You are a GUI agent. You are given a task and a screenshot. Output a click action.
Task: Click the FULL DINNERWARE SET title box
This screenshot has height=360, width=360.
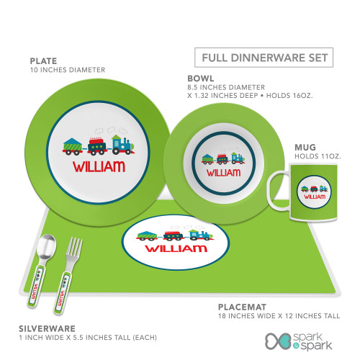(264, 58)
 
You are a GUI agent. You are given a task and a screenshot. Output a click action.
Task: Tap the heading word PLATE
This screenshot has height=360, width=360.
(43, 61)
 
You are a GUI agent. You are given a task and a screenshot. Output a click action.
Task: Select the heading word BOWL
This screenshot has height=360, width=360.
(201, 78)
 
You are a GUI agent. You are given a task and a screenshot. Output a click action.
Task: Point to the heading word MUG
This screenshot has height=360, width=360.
(305, 147)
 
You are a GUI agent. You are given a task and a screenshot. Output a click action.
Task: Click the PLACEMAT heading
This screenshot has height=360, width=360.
(242, 307)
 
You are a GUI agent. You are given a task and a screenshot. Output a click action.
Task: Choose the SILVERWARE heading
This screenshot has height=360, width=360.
(47, 328)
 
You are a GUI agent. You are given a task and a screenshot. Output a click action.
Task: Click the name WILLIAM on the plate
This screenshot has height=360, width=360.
(99, 166)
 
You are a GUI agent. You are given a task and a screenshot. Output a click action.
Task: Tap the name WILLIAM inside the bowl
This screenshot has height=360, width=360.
(223, 173)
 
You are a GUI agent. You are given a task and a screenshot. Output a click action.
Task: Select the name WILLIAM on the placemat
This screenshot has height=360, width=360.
(176, 248)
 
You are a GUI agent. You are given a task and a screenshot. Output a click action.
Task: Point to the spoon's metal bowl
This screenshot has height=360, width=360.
(46, 246)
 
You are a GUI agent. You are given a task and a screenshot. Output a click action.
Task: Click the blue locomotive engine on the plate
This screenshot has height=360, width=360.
(123, 145)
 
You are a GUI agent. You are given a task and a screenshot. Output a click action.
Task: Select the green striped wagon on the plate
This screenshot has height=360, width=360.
(73, 146)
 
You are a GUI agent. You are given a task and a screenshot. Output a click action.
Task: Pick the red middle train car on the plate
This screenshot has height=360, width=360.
(97, 146)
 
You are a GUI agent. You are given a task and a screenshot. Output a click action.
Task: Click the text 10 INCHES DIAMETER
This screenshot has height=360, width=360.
(68, 70)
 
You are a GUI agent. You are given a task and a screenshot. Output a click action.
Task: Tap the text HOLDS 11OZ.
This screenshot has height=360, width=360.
(318, 156)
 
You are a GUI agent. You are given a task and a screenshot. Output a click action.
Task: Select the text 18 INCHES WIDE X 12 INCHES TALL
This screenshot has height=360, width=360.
(279, 316)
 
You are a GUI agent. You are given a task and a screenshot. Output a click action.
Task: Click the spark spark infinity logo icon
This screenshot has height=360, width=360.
(279, 341)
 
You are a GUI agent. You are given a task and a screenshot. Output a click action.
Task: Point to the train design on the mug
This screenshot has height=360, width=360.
(314, 189)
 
